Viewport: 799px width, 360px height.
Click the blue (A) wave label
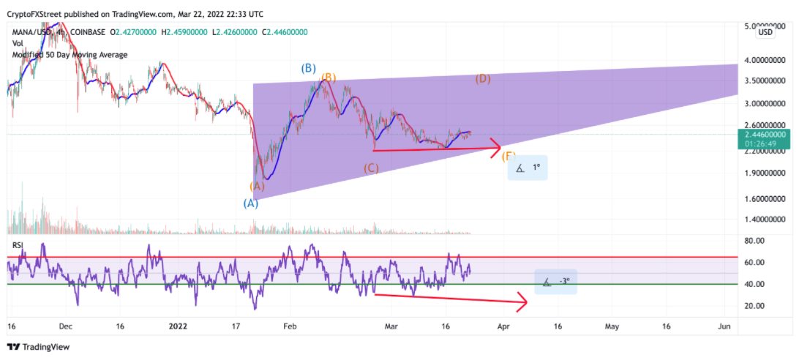(x=250, y=203)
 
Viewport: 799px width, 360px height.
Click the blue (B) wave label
(x=308, y=68)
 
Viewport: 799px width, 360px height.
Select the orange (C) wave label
(x=371, y=168)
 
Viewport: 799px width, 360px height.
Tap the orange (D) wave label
(x=483, y=79)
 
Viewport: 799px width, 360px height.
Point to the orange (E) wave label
(x=508, y=156)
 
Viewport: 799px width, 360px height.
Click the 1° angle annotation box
(x=528, y=168)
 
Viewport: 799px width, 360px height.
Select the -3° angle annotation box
(x=555, y=282)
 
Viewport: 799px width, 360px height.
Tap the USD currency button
(x=765, y=32)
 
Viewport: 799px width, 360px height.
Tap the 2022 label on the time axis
(x=179, y=326)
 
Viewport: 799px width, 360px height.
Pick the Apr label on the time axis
(x=503, y=326)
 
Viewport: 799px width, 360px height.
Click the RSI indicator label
(x=18, y=245)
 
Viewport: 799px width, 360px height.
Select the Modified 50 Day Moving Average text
(x=70, y=55)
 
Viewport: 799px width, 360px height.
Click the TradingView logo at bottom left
(x=38, y=348)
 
